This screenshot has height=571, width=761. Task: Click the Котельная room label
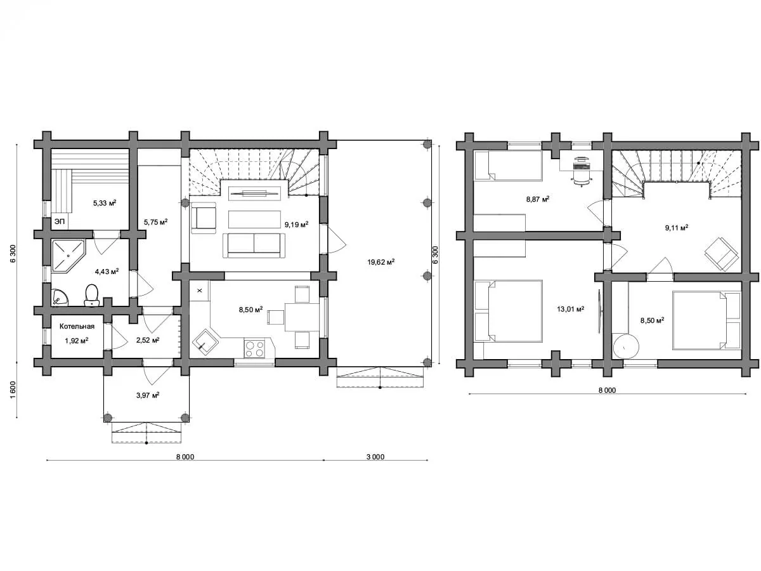pos(77,326)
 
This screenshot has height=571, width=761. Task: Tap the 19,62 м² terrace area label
pos(380,262)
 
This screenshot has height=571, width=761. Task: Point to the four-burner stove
pos(254,348)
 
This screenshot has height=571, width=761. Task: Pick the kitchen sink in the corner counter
pos(205,342)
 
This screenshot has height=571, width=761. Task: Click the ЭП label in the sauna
pos(59,221)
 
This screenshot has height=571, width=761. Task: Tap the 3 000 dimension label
pos(375,457)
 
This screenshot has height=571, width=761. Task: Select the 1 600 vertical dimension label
pos(13,390)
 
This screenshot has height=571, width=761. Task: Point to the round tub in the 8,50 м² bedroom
pos(625,346)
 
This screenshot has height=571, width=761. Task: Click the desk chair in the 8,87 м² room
pos(581,178)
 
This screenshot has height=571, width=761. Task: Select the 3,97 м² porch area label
pos(148,395)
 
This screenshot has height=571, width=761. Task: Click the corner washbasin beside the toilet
pos(60,298)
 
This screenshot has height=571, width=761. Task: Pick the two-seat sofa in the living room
pos(254,246)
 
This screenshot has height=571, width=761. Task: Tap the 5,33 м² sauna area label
pos(105,203)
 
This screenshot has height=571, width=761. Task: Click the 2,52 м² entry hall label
pos(148,340)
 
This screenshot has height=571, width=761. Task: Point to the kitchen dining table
pos(302,317)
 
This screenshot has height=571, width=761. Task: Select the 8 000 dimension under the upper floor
pos(607,390)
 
